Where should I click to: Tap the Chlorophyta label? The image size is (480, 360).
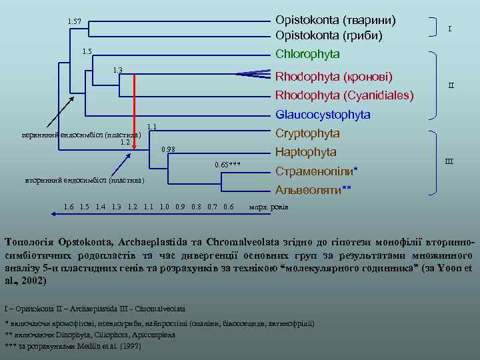[x=307, y=53]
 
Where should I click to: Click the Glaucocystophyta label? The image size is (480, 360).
[x=323, y=115]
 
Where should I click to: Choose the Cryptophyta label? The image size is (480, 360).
[x=307, y=133]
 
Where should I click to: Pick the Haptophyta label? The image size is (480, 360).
[x=306, y=152]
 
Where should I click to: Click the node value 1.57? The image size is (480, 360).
[x=74, y=22]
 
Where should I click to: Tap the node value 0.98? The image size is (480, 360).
[x=169, y=149]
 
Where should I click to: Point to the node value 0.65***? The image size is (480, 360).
[x=227, y=164]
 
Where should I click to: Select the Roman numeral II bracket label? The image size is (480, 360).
[x=451, y=85]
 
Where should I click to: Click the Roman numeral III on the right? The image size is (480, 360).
[x=449, y=161]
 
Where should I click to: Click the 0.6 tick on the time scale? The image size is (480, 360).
[x=228, y=207]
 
